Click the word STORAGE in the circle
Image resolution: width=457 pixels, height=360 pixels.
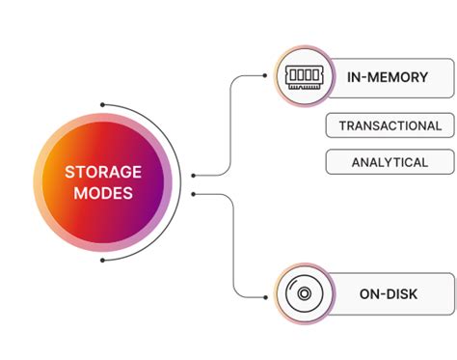(102, 172)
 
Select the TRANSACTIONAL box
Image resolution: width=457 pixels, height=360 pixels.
(390, 125)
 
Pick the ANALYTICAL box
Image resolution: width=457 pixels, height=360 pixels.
(390, 162)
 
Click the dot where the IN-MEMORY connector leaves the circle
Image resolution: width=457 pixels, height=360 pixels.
(194, 176)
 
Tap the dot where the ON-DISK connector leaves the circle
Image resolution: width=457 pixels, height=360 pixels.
(194, 194)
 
